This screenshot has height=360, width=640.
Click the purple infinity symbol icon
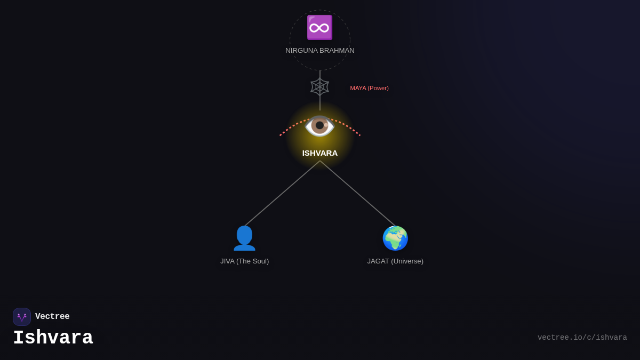tap(319, 28)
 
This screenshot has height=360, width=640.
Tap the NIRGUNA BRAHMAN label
tap(320, 51)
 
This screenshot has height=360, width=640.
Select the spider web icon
tap(320, 87)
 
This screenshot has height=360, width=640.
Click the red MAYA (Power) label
tap(369, 88)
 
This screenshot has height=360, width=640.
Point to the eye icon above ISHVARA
tap(319, 126)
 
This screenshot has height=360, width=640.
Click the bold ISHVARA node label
tap(320, 153)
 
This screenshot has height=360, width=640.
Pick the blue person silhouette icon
tap(244, 238)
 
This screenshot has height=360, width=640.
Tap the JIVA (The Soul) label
tap(244, 261)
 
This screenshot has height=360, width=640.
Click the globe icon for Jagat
tap(395, 238)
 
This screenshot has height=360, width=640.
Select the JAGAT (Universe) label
tap(395, 261)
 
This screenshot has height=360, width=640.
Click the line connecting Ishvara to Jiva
tap(283, 193)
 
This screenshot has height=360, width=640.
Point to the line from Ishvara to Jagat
tap(357, 193)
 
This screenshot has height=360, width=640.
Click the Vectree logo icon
tap(22, 317)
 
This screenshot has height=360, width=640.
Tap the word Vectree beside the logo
tap(52, 317)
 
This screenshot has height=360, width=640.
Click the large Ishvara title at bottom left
tap(53, 338)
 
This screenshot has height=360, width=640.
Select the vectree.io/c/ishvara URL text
tap(582, 338)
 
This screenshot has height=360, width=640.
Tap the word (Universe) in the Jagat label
tap(407, 261)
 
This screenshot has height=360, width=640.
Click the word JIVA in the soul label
tap(227, 261)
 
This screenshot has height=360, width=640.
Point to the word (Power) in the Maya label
tap(378, 88)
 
